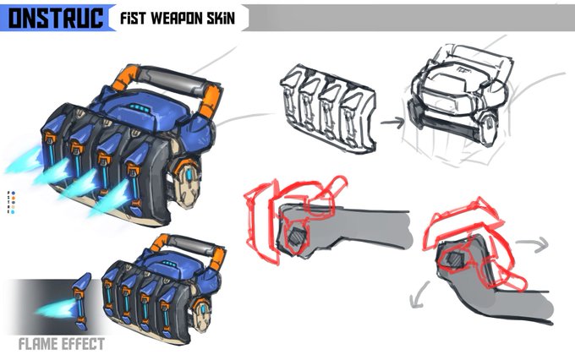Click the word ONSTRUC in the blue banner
(54, 17)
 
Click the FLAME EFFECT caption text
(62, 343)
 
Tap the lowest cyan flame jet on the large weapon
(111, 203)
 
